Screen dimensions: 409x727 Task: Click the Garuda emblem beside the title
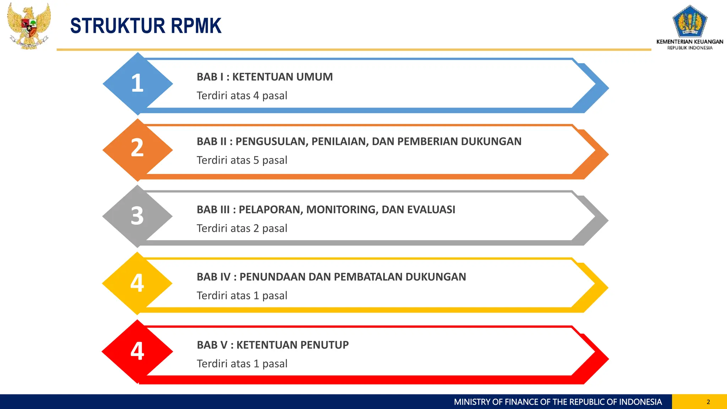point(28,26)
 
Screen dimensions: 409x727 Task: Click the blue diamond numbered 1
point(137,83)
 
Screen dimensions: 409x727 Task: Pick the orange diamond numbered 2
point(137,149)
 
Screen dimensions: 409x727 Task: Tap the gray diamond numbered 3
point(137,216)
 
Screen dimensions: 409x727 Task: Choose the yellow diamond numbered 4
point(137,283)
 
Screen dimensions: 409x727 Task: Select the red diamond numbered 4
point(137,351)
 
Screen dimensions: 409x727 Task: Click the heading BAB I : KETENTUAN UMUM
point(264,77)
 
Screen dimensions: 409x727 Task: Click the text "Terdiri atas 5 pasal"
point(242,160)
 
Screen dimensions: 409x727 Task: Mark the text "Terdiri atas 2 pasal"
point(242,229)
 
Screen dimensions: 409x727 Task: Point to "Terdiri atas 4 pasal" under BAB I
point(242,96)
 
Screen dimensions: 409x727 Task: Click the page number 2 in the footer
point(708,402)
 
